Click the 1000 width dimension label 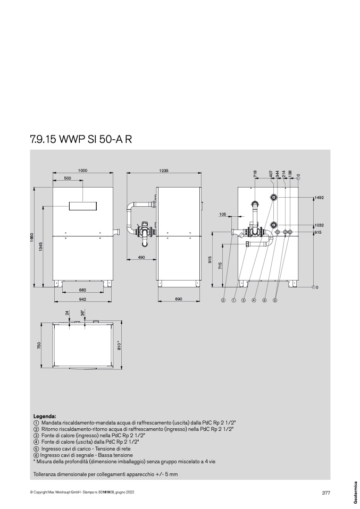pyautogui.click(x=83, y=170)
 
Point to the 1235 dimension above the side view pyautogui.click(x=164, y=170)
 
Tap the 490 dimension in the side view pyautogui.click(x=141, y=257)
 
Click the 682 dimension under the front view pyautogui.click(x=82, y=290)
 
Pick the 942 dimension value pyautogui.click(x=82, y=299)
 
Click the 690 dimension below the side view pyautogui.click(x=179, y=299)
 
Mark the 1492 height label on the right pyautogui.click(x=319, y=197)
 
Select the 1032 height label pyautogui.click(x=319, y=225)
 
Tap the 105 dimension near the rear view pyautogui.click(x=223, y=214)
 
